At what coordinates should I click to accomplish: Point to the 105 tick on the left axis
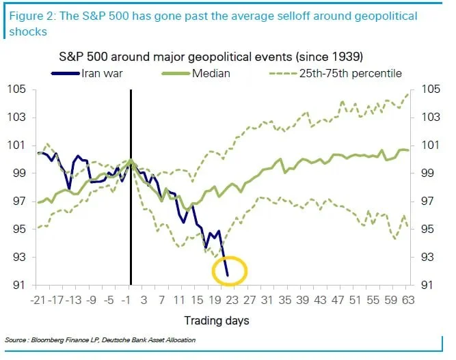[18, 89]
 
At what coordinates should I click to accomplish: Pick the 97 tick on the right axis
[426, 202]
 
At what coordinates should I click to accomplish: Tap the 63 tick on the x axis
[407, 300]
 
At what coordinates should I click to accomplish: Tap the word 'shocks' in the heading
[25, 31]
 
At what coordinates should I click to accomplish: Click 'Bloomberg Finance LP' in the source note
[62, 340]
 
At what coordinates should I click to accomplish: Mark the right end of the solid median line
[408, 150]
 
